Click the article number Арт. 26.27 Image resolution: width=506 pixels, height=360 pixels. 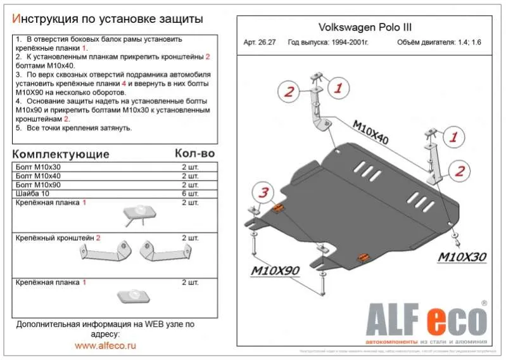260,43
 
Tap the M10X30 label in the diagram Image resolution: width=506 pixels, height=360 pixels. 463,257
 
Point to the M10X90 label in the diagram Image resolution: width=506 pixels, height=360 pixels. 274,271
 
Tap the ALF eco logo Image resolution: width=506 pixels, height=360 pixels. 424,317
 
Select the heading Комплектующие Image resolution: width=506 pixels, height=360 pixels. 61,155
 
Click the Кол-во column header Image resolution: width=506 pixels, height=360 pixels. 194,154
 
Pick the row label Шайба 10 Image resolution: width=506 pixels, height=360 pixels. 31,193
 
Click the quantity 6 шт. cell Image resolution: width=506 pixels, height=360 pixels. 190,193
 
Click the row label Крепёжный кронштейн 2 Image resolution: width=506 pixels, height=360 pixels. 58,238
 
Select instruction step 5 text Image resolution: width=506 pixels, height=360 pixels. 73,127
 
